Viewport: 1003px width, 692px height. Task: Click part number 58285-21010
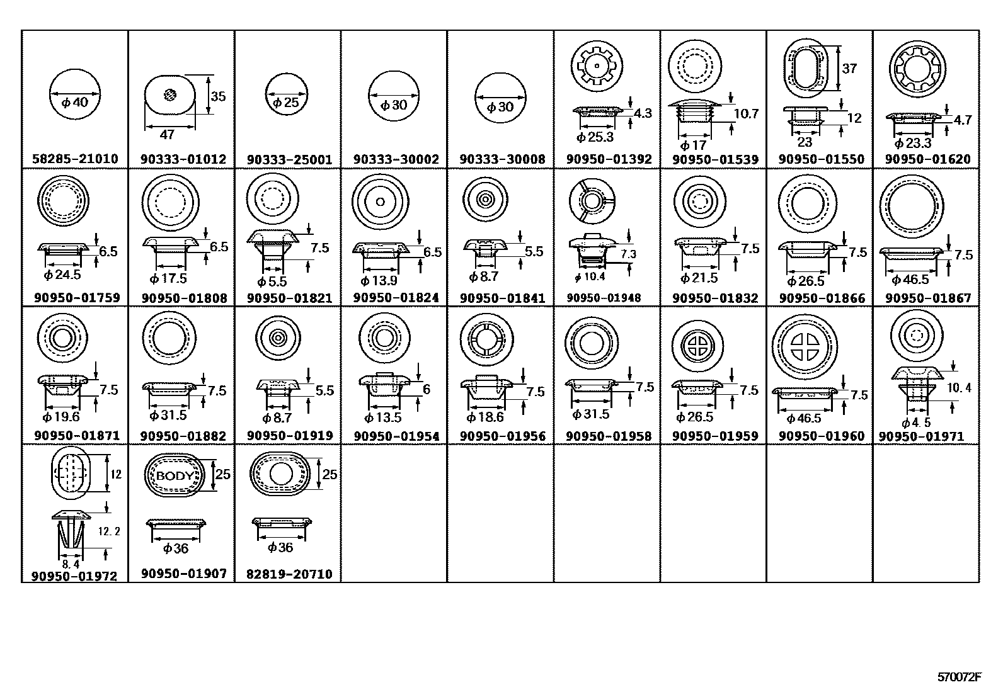[75, 159]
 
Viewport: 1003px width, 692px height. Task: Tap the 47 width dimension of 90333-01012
[168, 135]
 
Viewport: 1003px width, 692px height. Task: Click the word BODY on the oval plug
[174, 475]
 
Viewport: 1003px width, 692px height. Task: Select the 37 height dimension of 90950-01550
[849, 68]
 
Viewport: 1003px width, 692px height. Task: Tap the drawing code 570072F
[960, 678]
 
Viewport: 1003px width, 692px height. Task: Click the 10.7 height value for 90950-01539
[747, 113]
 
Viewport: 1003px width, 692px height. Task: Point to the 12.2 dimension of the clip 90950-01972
[109, 531]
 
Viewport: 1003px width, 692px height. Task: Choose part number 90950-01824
[396, 298]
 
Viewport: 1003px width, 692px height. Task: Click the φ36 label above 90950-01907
[176, 548]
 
